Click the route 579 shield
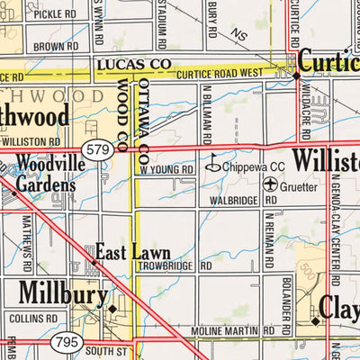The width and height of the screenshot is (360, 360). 95,148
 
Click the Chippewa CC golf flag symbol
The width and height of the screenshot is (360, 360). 213,166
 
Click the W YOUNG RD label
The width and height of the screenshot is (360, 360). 166,169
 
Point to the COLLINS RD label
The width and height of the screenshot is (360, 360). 31,318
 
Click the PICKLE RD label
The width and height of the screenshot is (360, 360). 56,14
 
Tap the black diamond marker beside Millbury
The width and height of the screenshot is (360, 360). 112,308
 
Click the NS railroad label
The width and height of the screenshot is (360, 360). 238,34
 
